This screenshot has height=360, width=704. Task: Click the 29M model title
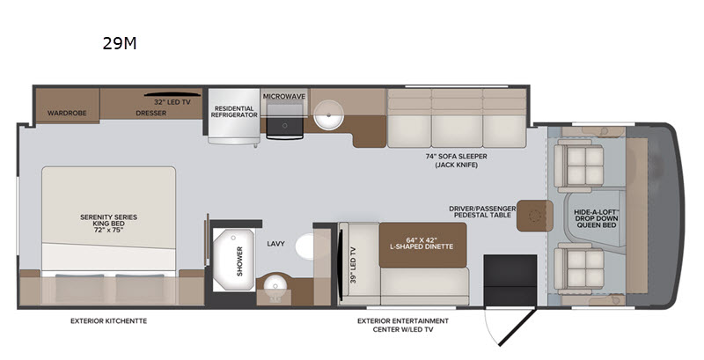[120, 43]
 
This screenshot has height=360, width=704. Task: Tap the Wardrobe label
[67, 114]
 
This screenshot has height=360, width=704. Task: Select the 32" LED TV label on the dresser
[172, 102]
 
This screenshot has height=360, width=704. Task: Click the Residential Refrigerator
[234, 116]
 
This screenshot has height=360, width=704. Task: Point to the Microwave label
[284, 97]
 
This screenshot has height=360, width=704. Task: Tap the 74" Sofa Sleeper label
[456, 157]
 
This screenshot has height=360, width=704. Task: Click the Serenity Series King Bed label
[108, 224]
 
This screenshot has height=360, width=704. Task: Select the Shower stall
[233, 260]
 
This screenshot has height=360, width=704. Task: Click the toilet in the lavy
[304, 246]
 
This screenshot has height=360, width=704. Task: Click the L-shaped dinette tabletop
[422, 245]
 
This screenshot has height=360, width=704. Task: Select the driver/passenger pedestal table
[534, 216]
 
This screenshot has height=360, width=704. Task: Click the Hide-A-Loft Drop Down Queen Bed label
[597, 218]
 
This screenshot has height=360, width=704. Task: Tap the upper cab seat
[579, 165]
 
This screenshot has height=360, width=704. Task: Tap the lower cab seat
[579, 268]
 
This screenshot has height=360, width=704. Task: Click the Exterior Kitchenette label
[108, 321]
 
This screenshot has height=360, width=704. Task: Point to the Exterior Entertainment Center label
[403, 325]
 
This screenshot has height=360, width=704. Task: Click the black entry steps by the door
[510, 280]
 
